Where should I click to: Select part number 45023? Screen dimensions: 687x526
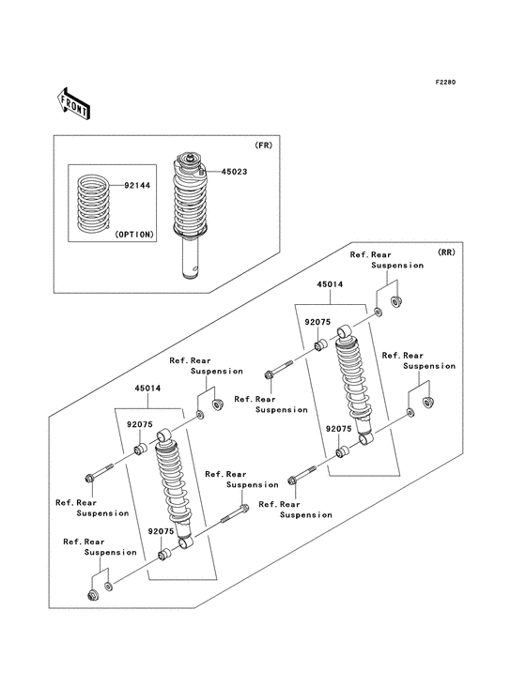click(x=234, y=173)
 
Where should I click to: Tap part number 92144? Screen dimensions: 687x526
click(x=136, y=186)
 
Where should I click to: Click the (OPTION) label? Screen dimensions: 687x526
click(x=133, y=237)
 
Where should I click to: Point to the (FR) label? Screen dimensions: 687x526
click(x=263, y=145)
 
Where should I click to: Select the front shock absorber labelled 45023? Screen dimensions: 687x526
click(x=194, y=211)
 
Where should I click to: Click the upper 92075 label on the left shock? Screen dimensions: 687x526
click(x=140, y=423)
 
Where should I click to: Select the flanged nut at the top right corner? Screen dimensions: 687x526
click(x=396, y=302)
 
